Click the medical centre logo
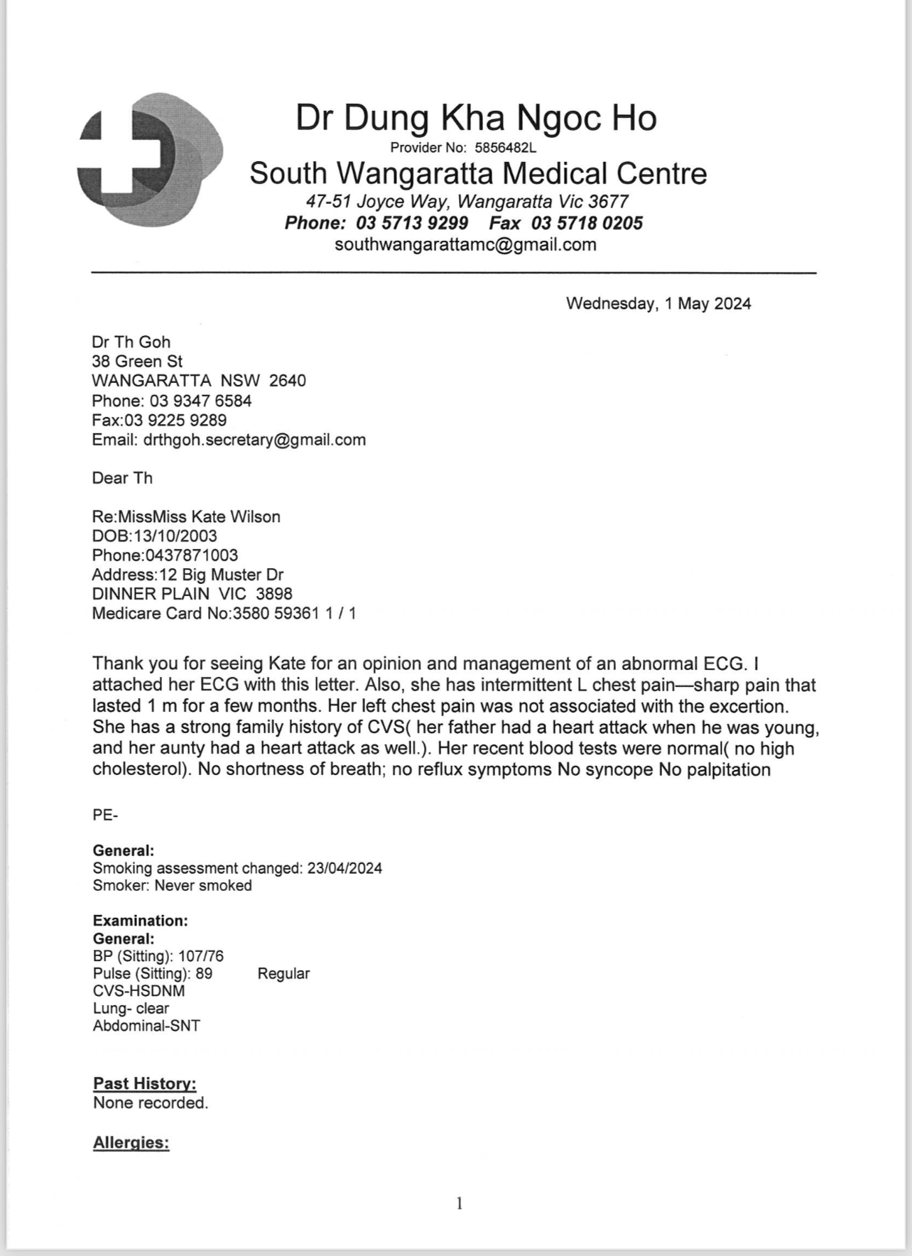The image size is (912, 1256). [150, 159]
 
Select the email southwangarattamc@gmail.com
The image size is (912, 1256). [465, 245]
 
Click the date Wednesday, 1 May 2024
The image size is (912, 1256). [658, 304]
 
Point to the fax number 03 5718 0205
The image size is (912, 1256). [587, 223]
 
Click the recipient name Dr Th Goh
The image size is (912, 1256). [131, 342]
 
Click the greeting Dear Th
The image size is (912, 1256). [122, 478]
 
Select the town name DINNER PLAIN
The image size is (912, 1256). [151, 594]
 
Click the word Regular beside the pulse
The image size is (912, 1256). [283, 973]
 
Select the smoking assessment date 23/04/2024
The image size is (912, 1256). [344, 868]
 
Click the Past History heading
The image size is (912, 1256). [145, 1083]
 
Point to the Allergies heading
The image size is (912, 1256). [131, 1142]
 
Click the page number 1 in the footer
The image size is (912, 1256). [460, 1203]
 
